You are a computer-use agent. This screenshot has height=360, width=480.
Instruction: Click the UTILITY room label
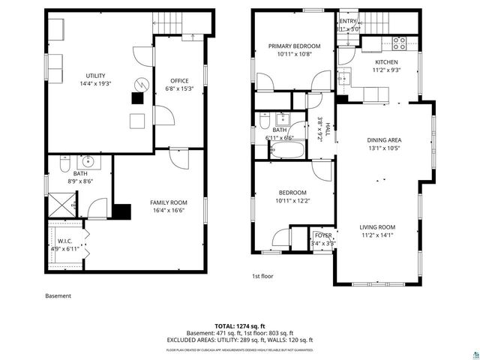(x=95, y=76)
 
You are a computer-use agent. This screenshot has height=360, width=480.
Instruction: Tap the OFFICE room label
(x=178, y=80)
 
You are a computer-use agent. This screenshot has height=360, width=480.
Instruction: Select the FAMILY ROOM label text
(x=169, y=202)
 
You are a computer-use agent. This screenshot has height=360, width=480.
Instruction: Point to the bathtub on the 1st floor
(x=286, y=151)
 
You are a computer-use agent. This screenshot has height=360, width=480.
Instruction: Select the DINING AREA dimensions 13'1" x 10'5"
(x=384, y=148)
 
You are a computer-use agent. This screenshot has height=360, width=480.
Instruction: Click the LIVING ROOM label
(x=377, y=226)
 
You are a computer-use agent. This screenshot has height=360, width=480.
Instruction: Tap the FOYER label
(x=323, y=235)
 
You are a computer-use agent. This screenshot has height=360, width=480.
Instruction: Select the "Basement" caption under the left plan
(x=58, y=295)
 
